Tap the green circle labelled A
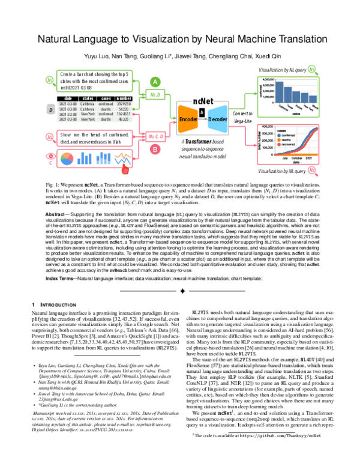[155, 82]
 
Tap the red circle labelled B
[155, 148]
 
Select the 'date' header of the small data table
[68, 98]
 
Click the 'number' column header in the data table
[124, 98]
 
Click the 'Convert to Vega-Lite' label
[241, 117]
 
